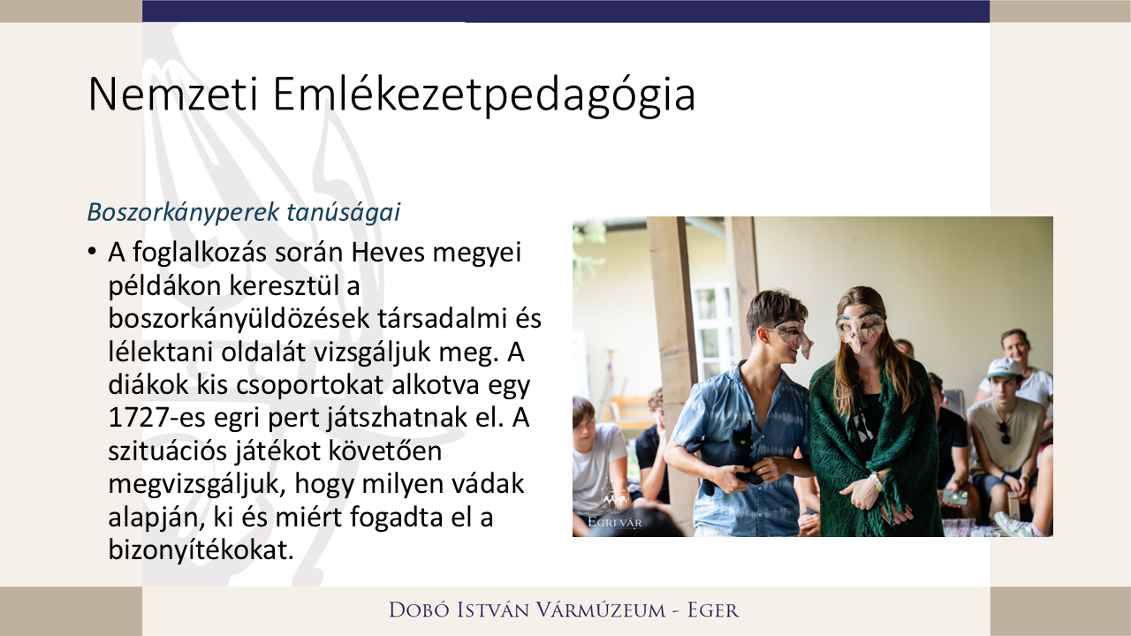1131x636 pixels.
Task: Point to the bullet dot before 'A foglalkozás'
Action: [x=92, y=253]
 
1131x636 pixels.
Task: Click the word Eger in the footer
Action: [x=712, y=609]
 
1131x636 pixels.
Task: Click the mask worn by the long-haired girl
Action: [x=858, y=328]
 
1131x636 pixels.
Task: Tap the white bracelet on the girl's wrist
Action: [x=876, y=482]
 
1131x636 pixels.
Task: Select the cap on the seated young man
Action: [x=1004, y=368]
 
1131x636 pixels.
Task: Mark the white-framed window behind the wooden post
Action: [x=712, y=327]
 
